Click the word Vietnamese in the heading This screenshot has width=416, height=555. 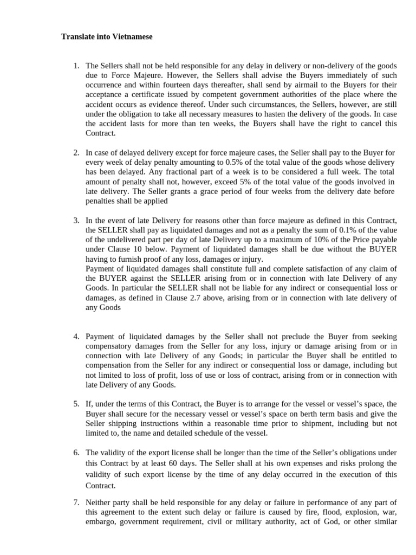pos(132,37)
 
